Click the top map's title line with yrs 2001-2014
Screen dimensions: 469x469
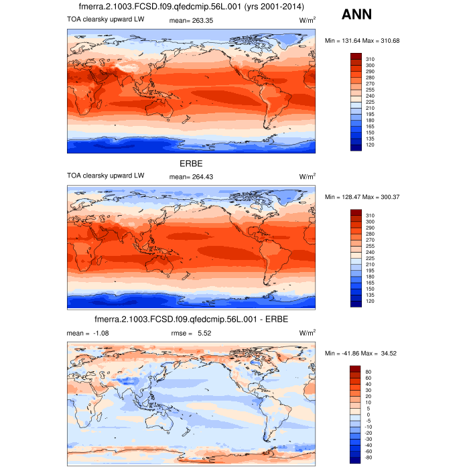[x=191, y=7]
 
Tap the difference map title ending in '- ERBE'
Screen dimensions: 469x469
[x=191, y=319]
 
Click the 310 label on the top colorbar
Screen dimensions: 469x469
[x=370, y=59]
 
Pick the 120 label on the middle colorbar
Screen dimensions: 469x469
[x=370, y=301]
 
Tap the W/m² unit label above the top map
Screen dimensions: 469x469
[x=308, y=21]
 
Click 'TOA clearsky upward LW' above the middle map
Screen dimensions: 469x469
[x=105, y=176]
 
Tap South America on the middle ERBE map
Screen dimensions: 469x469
[x=272, y=258]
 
